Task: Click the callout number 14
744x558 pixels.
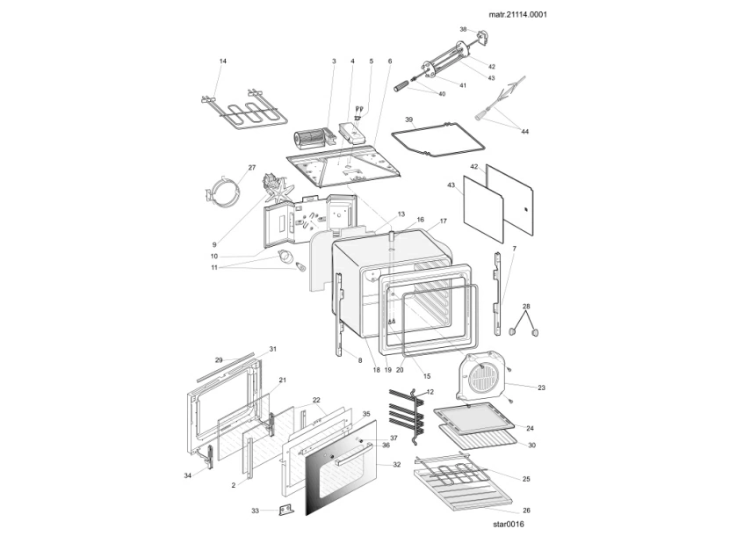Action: click(223, 61)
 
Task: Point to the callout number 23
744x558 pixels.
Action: click(541, 387)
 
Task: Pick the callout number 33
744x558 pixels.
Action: click(255, 511)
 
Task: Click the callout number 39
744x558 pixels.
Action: click(408, 119)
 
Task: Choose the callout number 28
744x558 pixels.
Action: click(526, 307)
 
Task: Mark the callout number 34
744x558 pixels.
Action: click(187, 475)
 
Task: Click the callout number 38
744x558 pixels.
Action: click(463, 29)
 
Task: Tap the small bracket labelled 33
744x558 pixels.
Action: click(283, 511)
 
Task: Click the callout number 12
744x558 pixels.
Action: click(430, 391)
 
